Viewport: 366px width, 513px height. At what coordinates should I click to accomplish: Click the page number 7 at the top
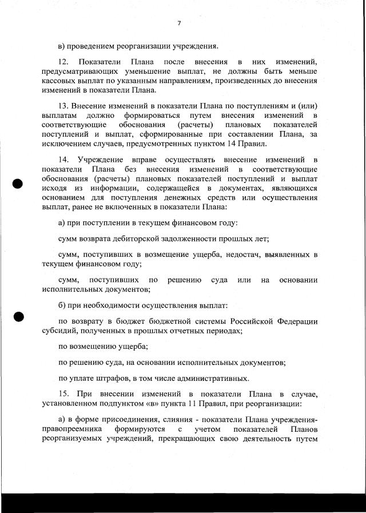coord(179,23)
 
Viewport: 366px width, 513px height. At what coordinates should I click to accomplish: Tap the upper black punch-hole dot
coord(18,184)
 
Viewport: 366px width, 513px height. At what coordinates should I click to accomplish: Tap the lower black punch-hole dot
coord(18,316)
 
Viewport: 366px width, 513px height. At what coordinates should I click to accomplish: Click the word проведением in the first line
coord(91,46)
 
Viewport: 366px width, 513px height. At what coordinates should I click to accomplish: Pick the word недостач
coord(243,254)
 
